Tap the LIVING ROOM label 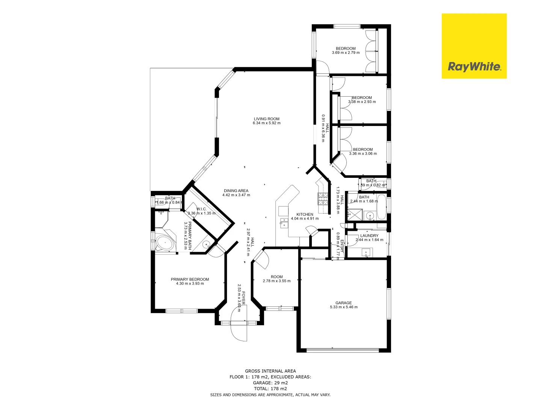(266, 119)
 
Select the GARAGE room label (343, 303)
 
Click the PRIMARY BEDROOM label (190, 279)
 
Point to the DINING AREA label (236, 191)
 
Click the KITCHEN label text (305, 214)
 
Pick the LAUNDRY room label (369, 236)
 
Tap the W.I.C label (201, 209)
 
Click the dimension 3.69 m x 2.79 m (346, 53)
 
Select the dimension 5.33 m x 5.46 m (343, 307)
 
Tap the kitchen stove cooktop (323, 198)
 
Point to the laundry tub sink (366, 252)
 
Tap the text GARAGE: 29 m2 (270, 383)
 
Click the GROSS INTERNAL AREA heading (270, 371)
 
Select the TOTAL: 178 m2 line (270, 389)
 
